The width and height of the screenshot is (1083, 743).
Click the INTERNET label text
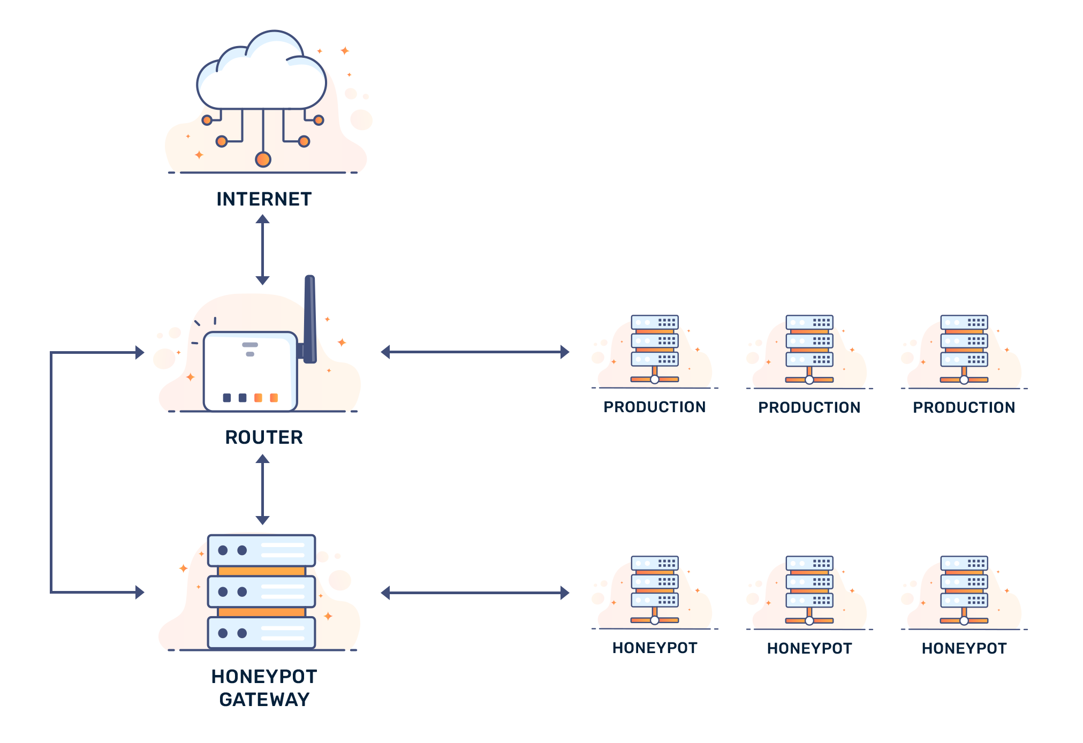tap(264, 199)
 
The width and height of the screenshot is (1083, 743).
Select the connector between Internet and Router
tap(263, 249)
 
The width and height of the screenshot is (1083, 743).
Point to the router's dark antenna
tap(309, 319)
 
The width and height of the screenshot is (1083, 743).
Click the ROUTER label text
tap(264, 437)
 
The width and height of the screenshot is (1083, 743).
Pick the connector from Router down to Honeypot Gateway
tap(262, 489)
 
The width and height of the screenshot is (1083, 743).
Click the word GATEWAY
tap(264, 699)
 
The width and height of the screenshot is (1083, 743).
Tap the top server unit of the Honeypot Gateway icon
tap(261, 550)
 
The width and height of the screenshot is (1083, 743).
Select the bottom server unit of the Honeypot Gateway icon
tap(261, 633)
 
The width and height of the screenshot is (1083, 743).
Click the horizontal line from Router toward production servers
tap(474, 352)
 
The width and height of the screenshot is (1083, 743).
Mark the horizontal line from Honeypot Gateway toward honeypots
tap(474, 593)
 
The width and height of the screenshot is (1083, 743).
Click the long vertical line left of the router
tap(51, 471)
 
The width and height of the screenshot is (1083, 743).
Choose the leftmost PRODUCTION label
tap(654, 407)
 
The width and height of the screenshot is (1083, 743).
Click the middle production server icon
tap(809, 351)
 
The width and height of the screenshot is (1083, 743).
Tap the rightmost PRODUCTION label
tap(964, 407)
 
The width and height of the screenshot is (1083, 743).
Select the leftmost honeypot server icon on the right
tap(654, 592)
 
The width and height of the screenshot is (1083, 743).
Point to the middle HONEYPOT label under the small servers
tap(809, 648)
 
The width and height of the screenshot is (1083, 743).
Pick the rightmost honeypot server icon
tap(964, 592)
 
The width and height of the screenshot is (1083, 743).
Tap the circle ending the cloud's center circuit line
tap(263, 160)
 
